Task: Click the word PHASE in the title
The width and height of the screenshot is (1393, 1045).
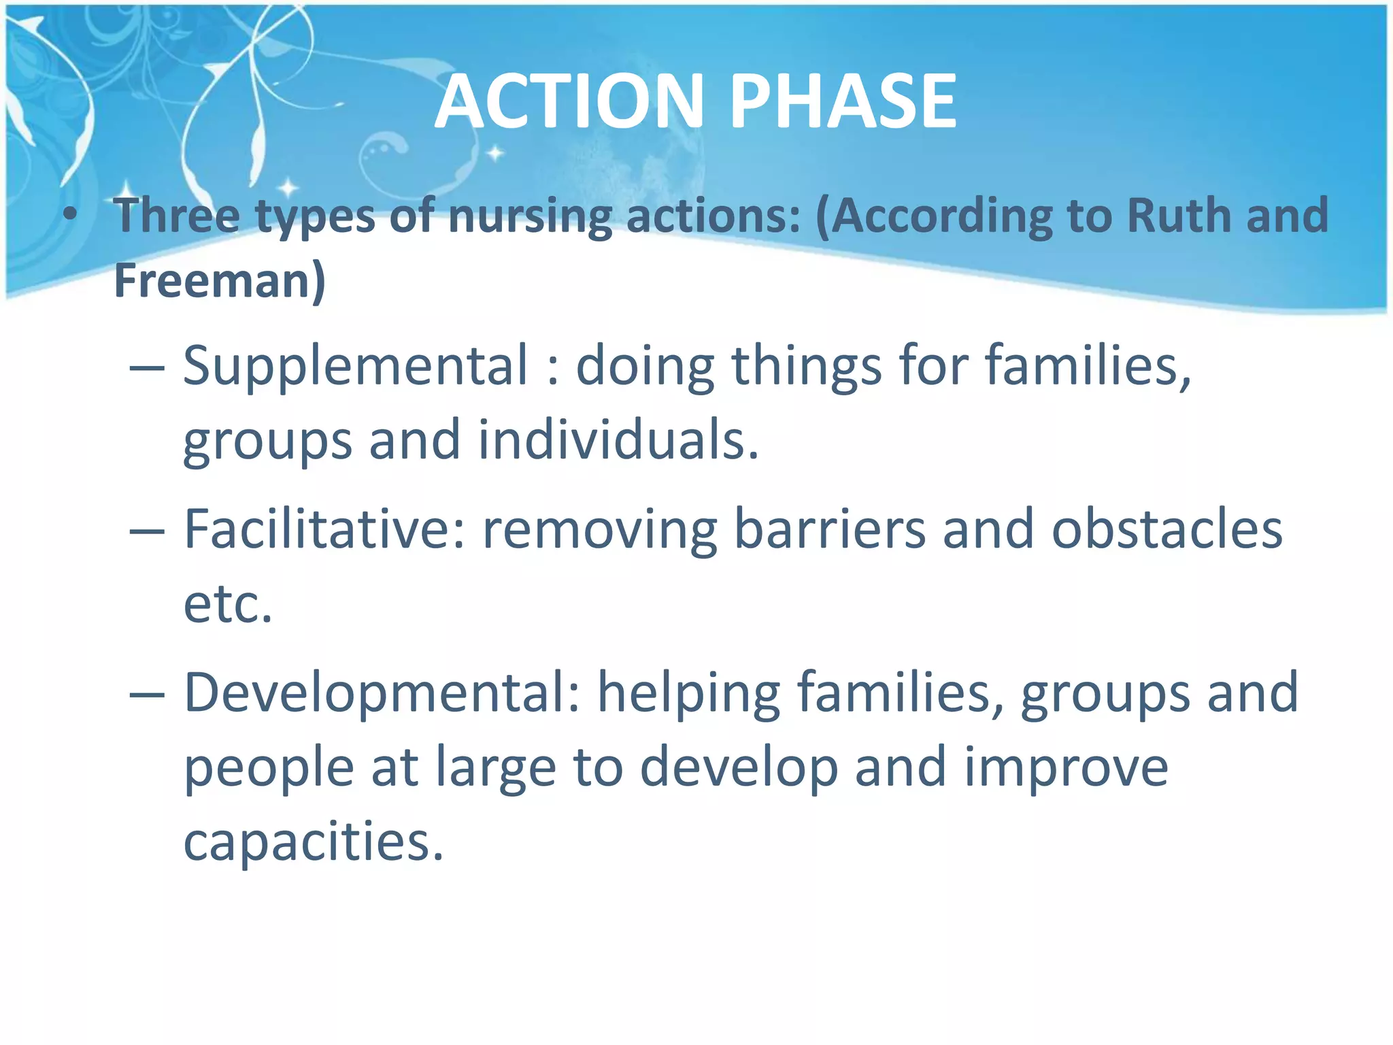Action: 843,102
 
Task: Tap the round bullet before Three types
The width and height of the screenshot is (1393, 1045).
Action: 69,215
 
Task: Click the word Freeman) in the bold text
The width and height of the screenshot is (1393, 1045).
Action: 220,280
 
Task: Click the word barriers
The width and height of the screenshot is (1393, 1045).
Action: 830,529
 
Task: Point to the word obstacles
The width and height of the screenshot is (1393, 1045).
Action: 1167,529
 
